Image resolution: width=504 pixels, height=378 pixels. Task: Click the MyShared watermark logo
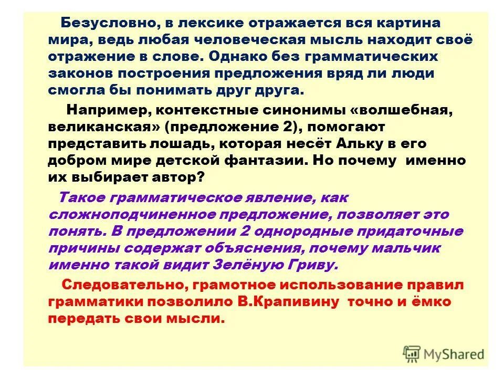coord(444,353)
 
